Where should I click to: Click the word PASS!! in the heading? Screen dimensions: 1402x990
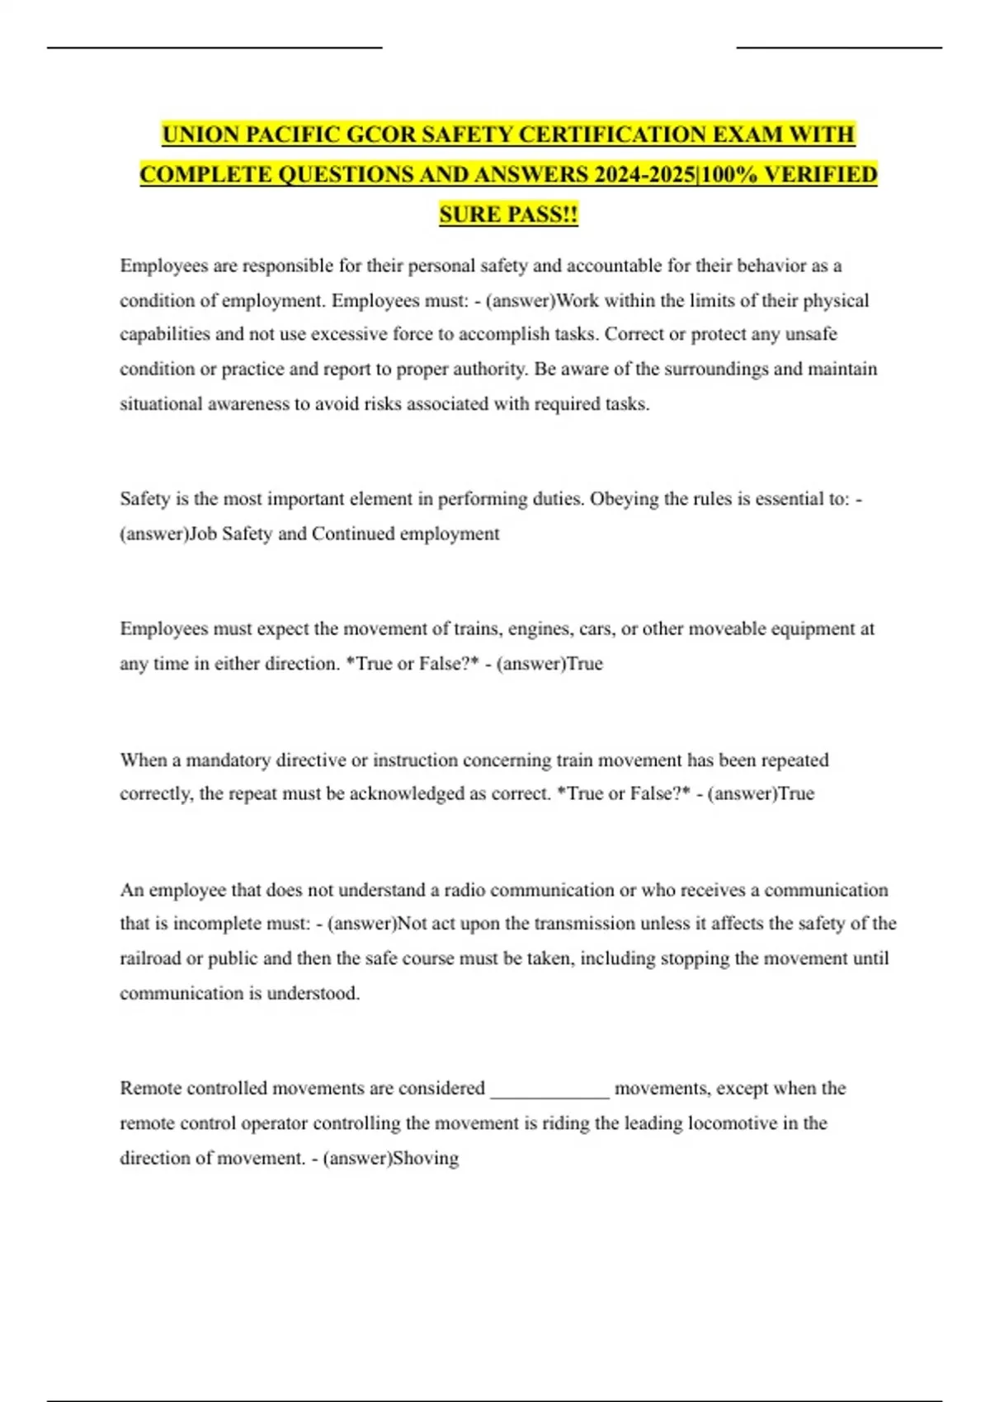(542, 214)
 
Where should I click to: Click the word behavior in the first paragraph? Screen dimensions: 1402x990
(771, 266)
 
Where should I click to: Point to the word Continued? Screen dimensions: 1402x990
(353, 534)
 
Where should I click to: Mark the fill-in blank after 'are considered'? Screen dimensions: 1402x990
(550, 1090)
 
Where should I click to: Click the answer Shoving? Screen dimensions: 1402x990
(426, 1158)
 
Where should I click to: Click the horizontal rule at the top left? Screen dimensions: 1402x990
(214, 48)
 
